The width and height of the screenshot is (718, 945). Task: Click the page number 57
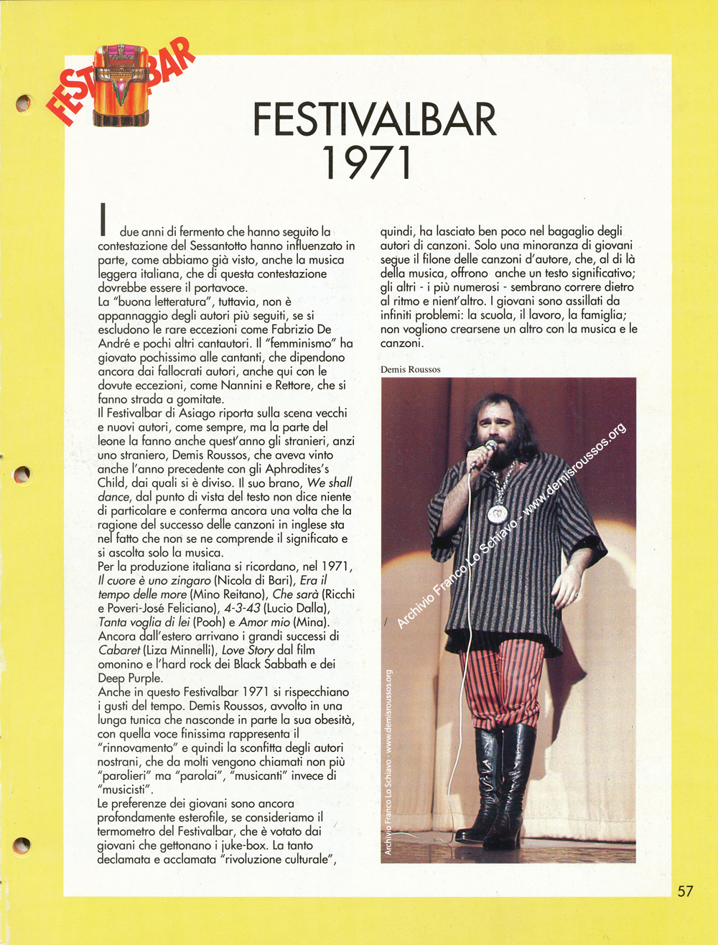click(x=686, y=890)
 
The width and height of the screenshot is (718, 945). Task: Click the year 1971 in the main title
click(x=368, y=163)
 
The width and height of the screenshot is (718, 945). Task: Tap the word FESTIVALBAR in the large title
click(x=375, y=120)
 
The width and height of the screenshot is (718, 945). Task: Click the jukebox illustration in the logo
click(x=120, y=85)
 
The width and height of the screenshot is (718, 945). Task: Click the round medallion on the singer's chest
click(x=498, y=513)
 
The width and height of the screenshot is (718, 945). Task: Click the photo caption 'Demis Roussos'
click(x=411, y=369)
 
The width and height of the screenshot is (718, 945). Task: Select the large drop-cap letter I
click(x=104, y=220)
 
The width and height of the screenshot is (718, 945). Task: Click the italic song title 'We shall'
click(x=329, y=483)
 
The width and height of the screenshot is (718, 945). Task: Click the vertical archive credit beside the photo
click(x=388, y=761)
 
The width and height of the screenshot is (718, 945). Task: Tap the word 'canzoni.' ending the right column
click(x=402, y=343)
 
